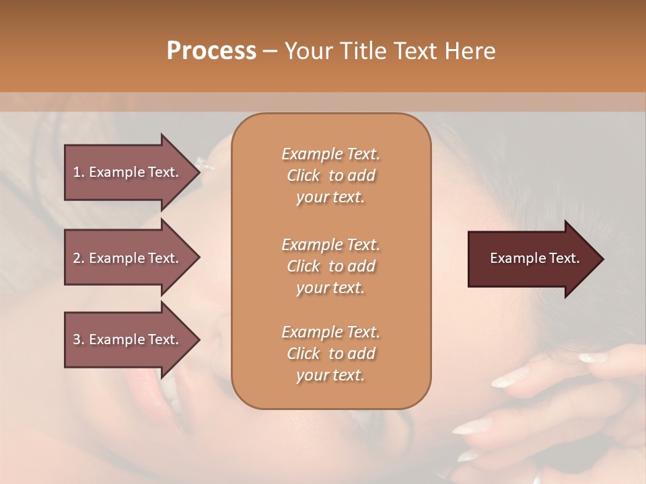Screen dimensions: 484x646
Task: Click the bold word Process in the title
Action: coord(211,51)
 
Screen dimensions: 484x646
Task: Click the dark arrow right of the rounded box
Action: coord(532,259)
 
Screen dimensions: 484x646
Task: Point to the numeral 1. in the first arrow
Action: coord(78,172)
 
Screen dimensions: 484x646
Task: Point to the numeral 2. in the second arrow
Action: coord(78,258)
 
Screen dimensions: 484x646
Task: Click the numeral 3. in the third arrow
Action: coord(78,339)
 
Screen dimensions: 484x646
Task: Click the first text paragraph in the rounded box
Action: coord(330,175)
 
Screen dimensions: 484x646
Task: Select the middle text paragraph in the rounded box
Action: coord(330,266)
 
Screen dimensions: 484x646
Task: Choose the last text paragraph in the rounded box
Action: coord(330,354)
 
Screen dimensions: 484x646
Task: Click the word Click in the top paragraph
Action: coord(303,175)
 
